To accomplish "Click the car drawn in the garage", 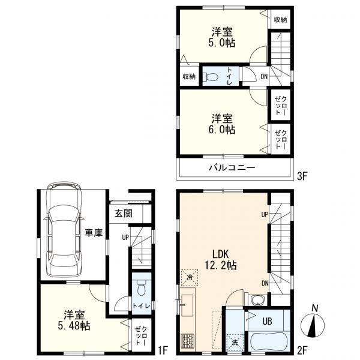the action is coord(64,230).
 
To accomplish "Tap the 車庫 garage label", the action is coord(94,233).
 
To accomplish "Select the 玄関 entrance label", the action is coord(124,214).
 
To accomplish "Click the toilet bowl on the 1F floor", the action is coord(142,288).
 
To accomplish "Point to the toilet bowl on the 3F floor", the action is coord(211,77).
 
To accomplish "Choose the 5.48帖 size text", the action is coord(74,326).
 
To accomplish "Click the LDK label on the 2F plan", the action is coord(220,254).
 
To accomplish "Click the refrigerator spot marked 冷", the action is coord(190,278).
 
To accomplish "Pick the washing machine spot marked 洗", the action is coord(235,343).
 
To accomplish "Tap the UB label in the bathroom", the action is coord(267,321).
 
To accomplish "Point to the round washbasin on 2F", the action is coord(257,300).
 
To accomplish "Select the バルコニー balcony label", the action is coord(232,168).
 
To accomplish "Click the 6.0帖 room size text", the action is coord(222,130).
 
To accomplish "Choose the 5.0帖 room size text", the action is coord(222,43).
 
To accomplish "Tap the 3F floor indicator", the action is coord(302,176).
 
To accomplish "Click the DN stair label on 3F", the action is coord(264,76).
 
